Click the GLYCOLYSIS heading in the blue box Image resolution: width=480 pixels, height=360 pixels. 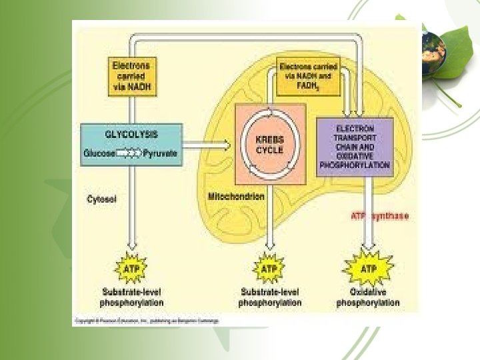tap(131, 134)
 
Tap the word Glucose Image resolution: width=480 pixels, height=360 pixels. tap(99, 153)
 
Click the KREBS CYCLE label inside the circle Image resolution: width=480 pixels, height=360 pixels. tap(270, 145)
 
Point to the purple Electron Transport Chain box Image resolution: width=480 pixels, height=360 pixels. tap(355, 147)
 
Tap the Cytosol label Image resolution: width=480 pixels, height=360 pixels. tap(102, 198)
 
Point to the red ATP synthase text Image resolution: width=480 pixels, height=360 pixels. tap(380, 215)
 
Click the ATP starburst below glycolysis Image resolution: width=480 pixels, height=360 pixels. tap(131, 269)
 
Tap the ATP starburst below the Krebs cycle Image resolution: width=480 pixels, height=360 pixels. tap(269, 269)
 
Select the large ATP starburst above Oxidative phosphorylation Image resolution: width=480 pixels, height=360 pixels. tap(367, 269)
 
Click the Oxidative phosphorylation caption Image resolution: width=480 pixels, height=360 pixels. tap(367, 297)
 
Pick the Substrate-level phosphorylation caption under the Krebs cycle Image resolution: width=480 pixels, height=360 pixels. tap(269, 297)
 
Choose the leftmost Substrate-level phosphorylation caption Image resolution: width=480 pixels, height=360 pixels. tap(131, 297)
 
